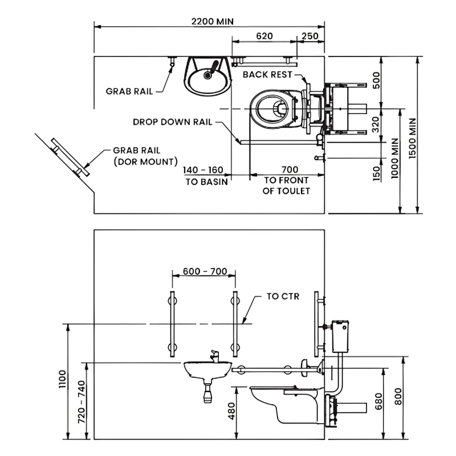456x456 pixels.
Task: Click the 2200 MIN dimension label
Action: (213, 22)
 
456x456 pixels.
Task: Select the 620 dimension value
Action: (264, 36)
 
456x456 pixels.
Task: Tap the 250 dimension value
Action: (310, 36)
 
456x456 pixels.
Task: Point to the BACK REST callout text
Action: (267, 75)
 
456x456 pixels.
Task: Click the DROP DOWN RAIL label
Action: (173, 122)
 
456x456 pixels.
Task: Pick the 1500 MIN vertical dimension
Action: (413, 139)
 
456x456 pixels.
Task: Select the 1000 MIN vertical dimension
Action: (394, 158)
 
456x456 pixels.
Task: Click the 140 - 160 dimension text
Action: (203, 170)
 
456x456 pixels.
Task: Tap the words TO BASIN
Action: (207, 182)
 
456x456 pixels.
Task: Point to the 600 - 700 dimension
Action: (205, 271)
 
